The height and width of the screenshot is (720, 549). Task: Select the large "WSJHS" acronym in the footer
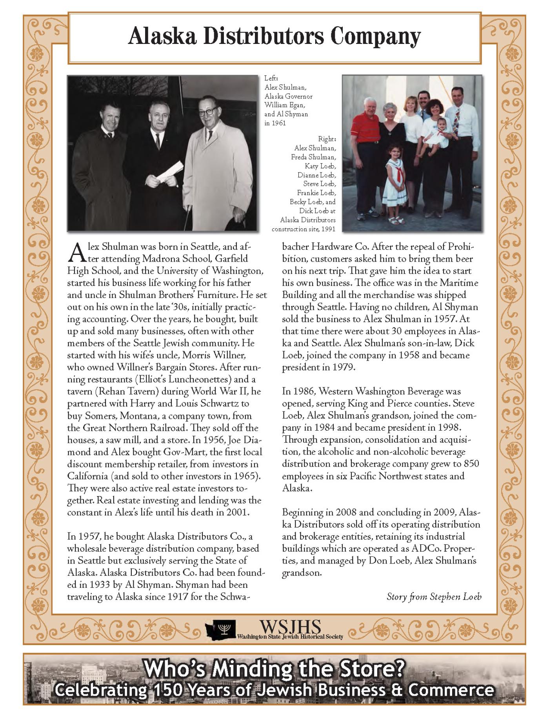pyautogui.click(x=290, y=626)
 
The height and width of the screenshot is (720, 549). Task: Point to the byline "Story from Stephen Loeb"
pyautogui.click(x=434, y=597)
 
